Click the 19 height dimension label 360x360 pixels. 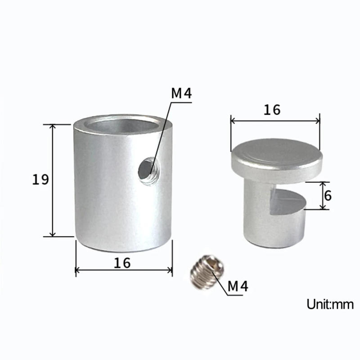40,180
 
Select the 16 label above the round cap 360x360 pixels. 272,109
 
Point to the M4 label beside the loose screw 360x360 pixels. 238,286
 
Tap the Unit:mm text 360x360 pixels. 330,304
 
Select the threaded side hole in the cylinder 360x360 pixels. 147,169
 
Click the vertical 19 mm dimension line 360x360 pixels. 53,180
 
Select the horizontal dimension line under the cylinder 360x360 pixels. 124,270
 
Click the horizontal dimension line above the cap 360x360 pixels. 275,120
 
